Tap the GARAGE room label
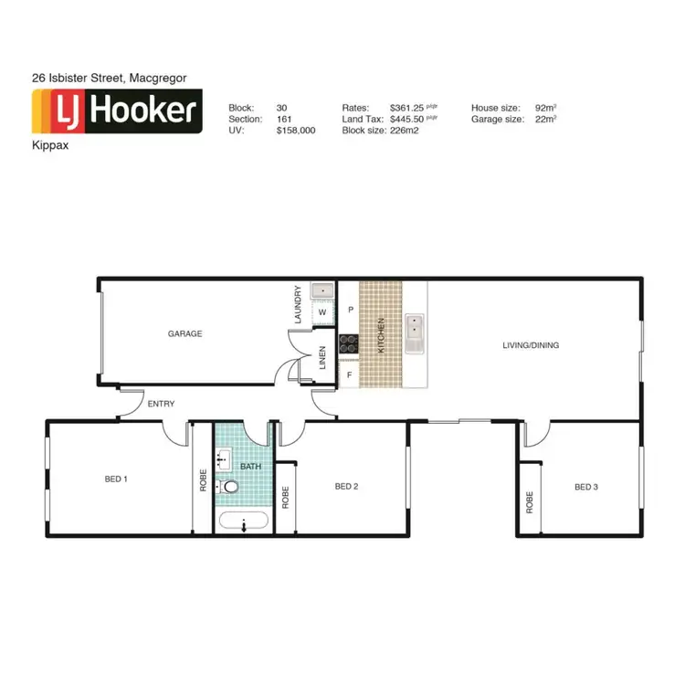click(x=184, y=333)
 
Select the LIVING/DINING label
click(x=531, y=345)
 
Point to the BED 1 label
click(x=116, y=479)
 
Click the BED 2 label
click(x=346, y=486)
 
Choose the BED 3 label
click(x=586, y=487)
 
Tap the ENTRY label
click(x=160, y=404)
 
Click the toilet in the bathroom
click(x=229, y=488)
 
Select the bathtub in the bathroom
click(x=243, y=523)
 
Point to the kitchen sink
click(x=415, y=332)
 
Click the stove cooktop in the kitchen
click(x=349, y=343)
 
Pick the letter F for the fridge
click(x=348, y=374)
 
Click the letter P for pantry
click(x=351, y=311)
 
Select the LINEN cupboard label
click(x=322, y=357)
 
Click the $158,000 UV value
click(x=296, y=131)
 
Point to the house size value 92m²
click(x=546, y=107)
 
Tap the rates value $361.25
click(x=408, y=107)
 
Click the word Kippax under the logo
click(x=49, y=144)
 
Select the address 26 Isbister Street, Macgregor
click(x=110, y=79)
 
